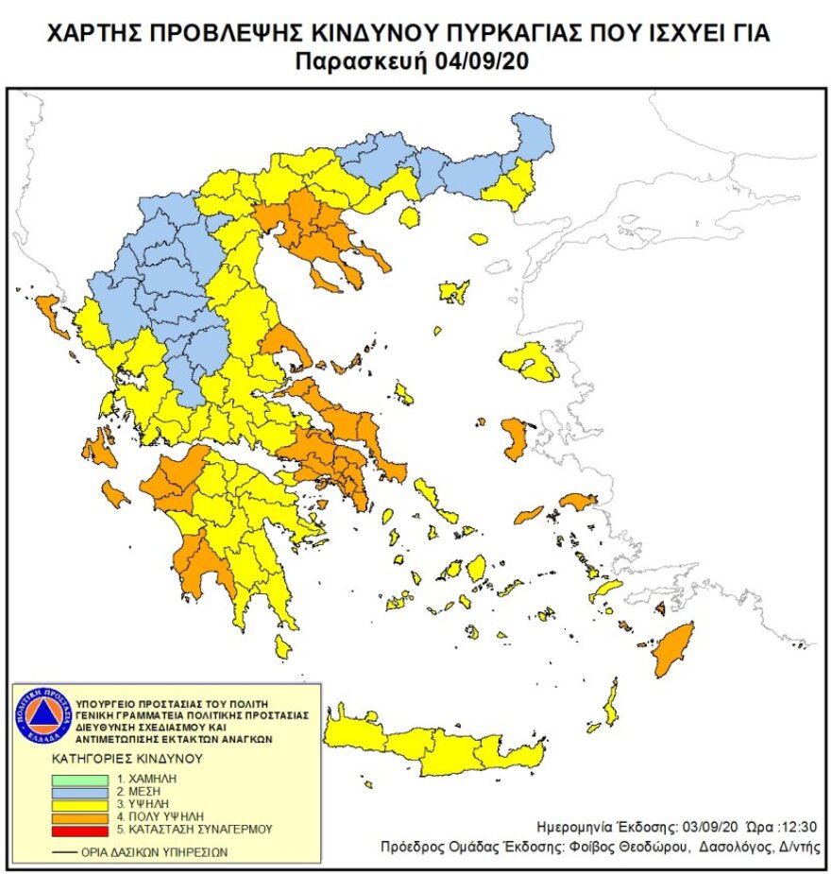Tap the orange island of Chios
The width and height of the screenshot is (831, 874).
coord(515,439)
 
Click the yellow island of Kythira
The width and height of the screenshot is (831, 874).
coord(281,646)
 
